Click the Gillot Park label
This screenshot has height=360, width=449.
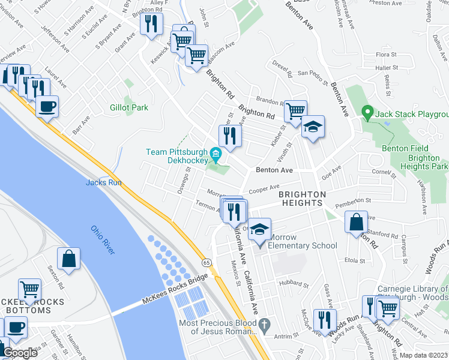128,107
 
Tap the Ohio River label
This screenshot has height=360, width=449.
103,239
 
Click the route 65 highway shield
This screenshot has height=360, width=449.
206,263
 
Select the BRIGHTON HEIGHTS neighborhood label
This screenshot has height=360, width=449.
302,199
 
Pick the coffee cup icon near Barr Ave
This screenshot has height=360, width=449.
47,107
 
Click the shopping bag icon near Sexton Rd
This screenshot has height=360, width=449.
68,259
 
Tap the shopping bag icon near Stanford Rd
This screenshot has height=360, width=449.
357,222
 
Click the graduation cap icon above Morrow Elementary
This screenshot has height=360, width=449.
259,230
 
